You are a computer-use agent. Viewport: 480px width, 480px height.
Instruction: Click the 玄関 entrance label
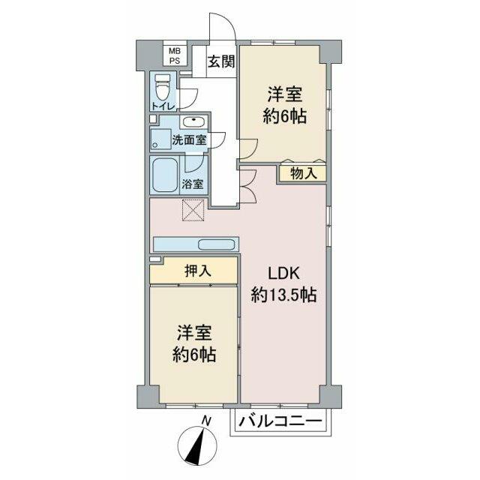(222, 61)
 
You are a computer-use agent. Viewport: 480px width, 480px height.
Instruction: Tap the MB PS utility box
(175, 55)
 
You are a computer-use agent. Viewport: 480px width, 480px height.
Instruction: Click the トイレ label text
(163, 106)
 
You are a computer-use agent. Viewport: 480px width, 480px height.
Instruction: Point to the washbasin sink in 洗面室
(193, 122)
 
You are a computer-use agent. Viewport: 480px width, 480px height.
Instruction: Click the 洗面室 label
(189, 140)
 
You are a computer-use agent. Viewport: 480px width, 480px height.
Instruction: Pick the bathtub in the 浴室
(165, 175)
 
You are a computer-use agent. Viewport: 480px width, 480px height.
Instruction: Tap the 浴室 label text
(193, 184)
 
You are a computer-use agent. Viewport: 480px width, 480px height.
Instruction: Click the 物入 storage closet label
(303, 173)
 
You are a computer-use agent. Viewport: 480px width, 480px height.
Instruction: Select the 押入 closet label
(198, 271)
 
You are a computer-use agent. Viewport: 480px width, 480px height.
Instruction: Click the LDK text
(283, 273)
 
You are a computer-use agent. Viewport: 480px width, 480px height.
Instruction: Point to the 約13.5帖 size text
(283, 295)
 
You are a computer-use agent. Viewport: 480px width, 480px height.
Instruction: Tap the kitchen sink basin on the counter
(217, 244)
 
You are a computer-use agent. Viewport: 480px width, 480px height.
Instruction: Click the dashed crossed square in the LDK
(193, 210)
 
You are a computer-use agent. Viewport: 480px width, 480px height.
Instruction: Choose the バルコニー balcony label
(280, 421)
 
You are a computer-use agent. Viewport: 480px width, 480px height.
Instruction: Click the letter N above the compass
(207, 421)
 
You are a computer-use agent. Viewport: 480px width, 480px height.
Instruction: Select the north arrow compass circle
(197, 445)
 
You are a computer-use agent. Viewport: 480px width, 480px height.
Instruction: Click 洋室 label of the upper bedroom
(285, 94)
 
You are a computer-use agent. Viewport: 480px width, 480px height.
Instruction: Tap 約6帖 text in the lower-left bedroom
(194, 355)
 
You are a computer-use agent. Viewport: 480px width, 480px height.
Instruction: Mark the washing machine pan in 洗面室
(160, 139)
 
